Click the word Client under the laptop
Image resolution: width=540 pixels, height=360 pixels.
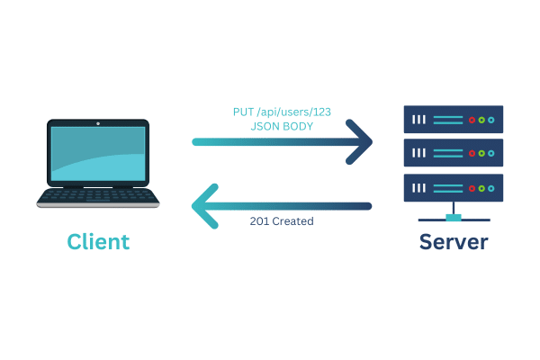(99, 241)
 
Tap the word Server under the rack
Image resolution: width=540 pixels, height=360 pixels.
(454, 241)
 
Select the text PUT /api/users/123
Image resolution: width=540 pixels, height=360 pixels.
(281, 112)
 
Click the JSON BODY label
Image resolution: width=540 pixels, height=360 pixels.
(281, 127)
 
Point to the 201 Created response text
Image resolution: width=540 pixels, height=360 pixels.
(282, 220)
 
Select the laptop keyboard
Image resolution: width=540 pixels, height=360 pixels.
(98, 194)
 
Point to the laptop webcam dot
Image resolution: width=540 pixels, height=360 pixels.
(98, 121)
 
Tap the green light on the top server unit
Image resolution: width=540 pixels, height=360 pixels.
(481, 120)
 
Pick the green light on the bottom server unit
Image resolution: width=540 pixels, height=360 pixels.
(481, 188)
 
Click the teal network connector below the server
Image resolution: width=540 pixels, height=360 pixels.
(454, 218)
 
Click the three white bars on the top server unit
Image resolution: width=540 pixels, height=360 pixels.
(419, 120)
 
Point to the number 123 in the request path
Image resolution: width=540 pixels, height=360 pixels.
(319, 112)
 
